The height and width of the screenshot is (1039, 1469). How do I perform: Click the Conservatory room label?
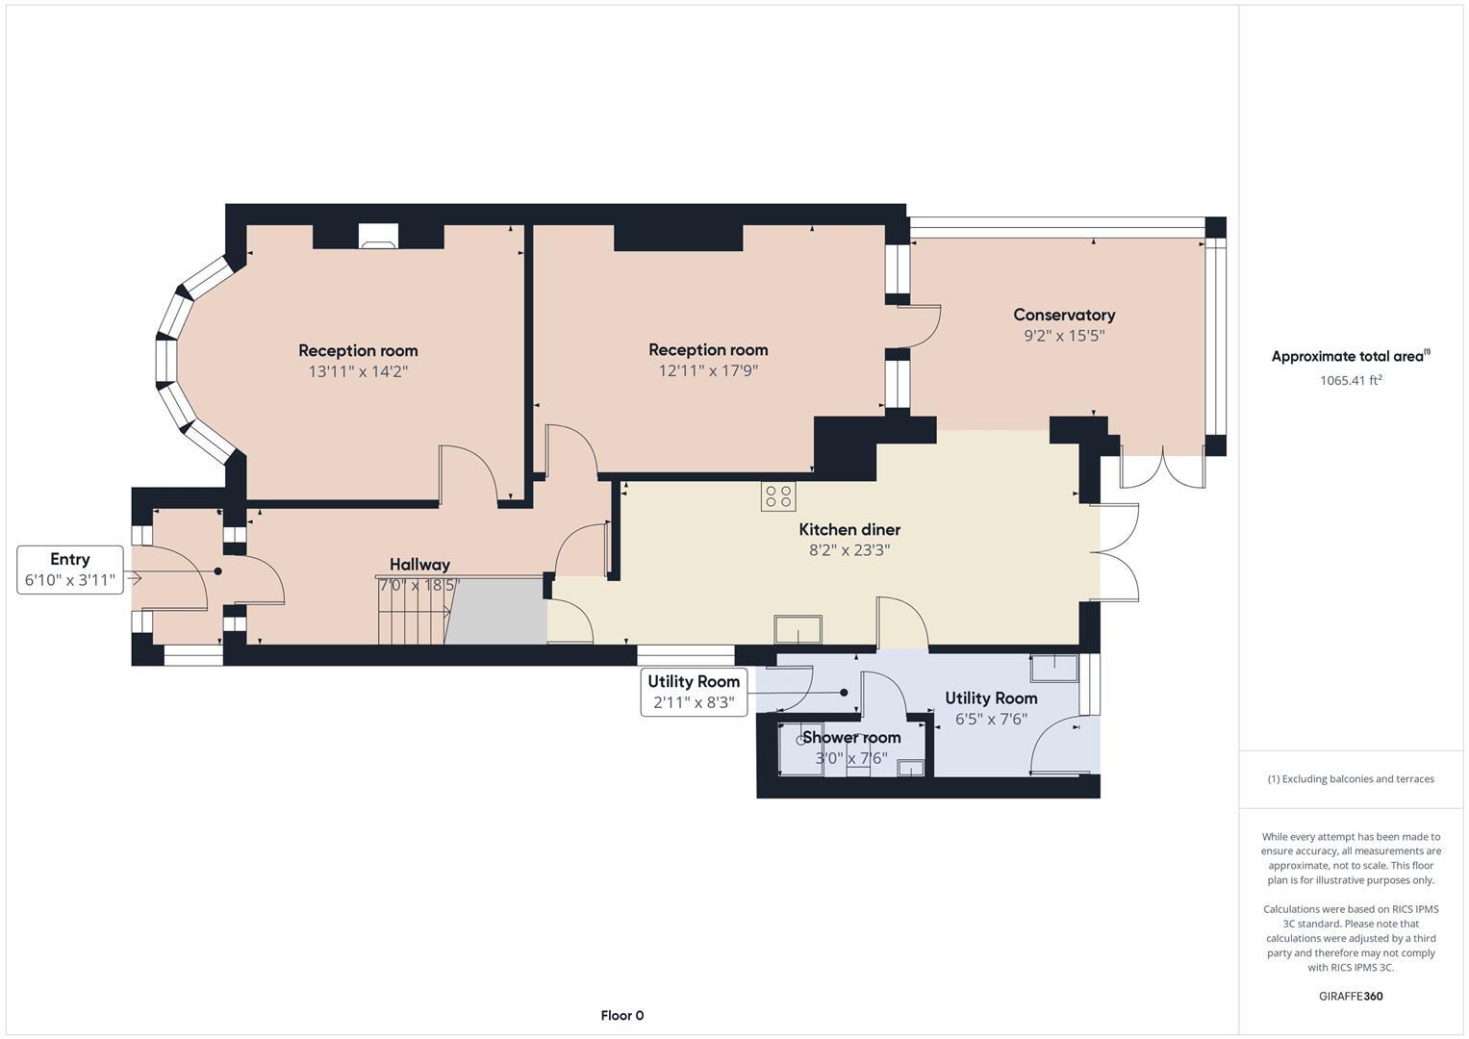[x=1064, y=315]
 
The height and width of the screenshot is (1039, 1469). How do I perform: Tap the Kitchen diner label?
[x=849, y=529]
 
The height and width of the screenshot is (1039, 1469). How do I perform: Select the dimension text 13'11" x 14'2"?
[x=358, y=371]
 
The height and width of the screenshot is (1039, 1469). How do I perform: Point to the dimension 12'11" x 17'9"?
[x=708, y=370]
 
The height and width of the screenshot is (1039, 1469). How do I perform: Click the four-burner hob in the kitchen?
[x=777, y=496]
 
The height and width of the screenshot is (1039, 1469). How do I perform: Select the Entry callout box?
[x=70, y=570]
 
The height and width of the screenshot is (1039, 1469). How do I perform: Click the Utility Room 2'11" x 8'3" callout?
[x=694, y=692]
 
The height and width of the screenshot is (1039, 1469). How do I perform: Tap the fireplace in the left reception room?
[x=377, y=236]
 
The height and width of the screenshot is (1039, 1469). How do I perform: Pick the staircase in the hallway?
[x=414, y=612]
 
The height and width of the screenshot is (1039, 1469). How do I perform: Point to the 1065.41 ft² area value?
[x=1351, y=380]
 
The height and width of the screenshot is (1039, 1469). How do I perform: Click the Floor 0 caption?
[x=621, y=1015]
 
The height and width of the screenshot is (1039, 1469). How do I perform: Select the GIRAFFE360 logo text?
[x=1351, y=996]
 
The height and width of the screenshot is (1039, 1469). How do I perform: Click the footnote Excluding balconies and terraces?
[x=1351, y=778]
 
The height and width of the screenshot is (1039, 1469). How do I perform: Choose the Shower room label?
[x=851, y=737]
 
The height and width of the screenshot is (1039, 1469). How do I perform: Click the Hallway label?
[x=419, y=565]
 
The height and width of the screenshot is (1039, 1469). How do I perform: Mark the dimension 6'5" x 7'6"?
[x=991, y=719]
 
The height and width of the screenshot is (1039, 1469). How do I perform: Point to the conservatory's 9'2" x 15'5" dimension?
[x=1064, y=336]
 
